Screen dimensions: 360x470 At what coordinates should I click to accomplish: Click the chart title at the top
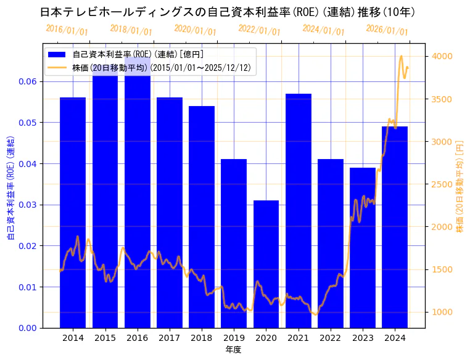[228, 12]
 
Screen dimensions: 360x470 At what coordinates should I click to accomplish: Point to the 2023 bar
[363, 247]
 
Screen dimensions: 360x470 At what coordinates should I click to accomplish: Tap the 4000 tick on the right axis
[443, 56]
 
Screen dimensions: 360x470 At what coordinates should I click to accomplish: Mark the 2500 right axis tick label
[443, 184]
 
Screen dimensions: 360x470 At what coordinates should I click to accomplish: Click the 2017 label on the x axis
[170, 338]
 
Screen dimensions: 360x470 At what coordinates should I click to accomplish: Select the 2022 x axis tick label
[330, 338]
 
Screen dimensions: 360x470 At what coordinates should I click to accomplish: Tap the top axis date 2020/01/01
[195, 30]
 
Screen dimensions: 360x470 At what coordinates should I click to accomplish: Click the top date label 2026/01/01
[387, 30]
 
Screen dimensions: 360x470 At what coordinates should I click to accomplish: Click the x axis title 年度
[233, 350]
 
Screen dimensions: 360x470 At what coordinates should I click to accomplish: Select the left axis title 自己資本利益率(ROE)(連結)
[10, 188]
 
